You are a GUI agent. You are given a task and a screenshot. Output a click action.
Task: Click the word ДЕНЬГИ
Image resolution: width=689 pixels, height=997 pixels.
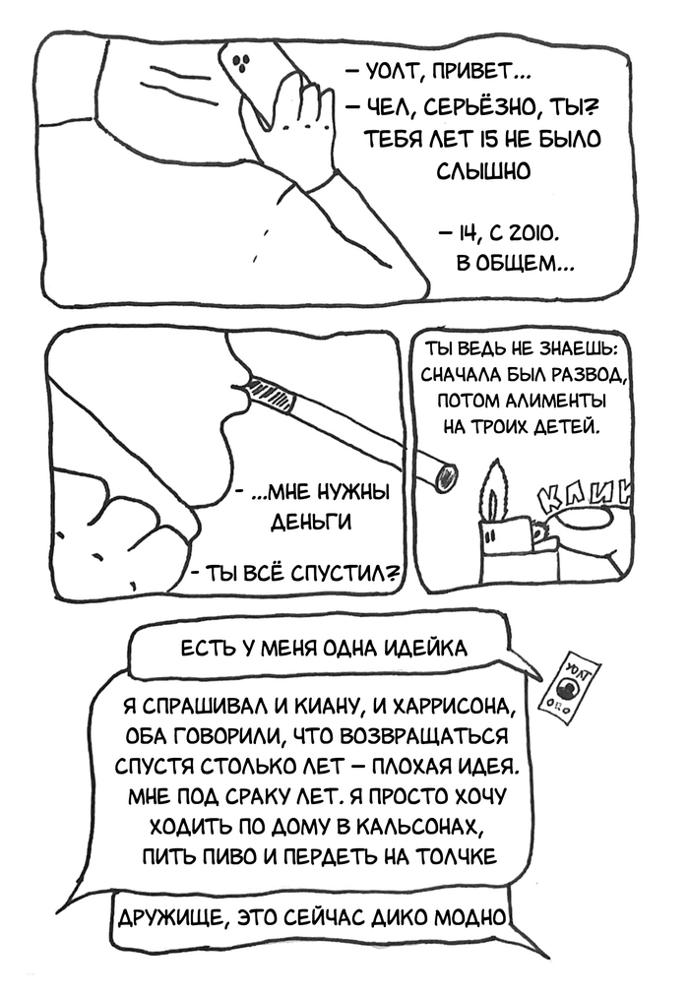pyautogui.click(x=311, y=523)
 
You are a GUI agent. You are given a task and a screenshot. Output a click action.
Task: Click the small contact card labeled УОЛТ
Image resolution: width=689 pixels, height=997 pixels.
pyautogui.click(x=570, y=688)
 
